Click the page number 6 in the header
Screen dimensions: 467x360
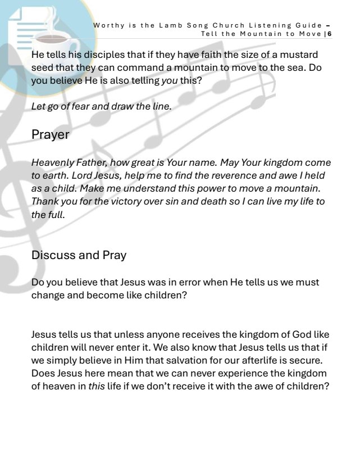tap(330, 34)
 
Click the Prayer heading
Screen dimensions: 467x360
tap(51, 135)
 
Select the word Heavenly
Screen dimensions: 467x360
tap(51, 163)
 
